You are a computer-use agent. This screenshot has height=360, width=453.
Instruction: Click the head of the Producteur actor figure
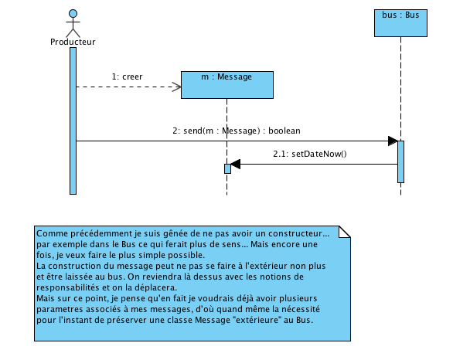[x=73, y=14]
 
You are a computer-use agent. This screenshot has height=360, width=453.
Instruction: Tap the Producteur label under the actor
[x=73, y=42]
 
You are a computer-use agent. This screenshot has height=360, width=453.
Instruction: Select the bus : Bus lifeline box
[x=400, y=23]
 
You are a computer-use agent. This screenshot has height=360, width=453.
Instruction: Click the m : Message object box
[x=227, y=85]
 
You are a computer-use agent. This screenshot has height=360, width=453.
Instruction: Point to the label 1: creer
[x=127, y=76]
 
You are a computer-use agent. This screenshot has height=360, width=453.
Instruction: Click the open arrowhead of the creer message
[x=176, y=87]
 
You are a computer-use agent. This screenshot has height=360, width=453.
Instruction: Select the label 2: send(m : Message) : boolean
[x=237, y=131]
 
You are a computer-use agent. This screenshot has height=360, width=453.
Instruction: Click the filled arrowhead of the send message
[x=393, y=141]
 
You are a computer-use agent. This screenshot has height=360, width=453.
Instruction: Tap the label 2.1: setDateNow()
[x=310, y=154]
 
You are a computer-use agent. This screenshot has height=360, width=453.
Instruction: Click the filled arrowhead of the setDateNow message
[x=236, y=164]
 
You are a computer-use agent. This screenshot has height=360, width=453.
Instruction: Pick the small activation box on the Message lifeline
[x=227, y=168]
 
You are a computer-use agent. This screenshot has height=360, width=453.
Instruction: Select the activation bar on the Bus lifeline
[x=400, y=161]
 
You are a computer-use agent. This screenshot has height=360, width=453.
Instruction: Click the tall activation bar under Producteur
[x=73, y=121]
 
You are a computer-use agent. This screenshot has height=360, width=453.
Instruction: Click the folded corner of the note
[x=345, y=232]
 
